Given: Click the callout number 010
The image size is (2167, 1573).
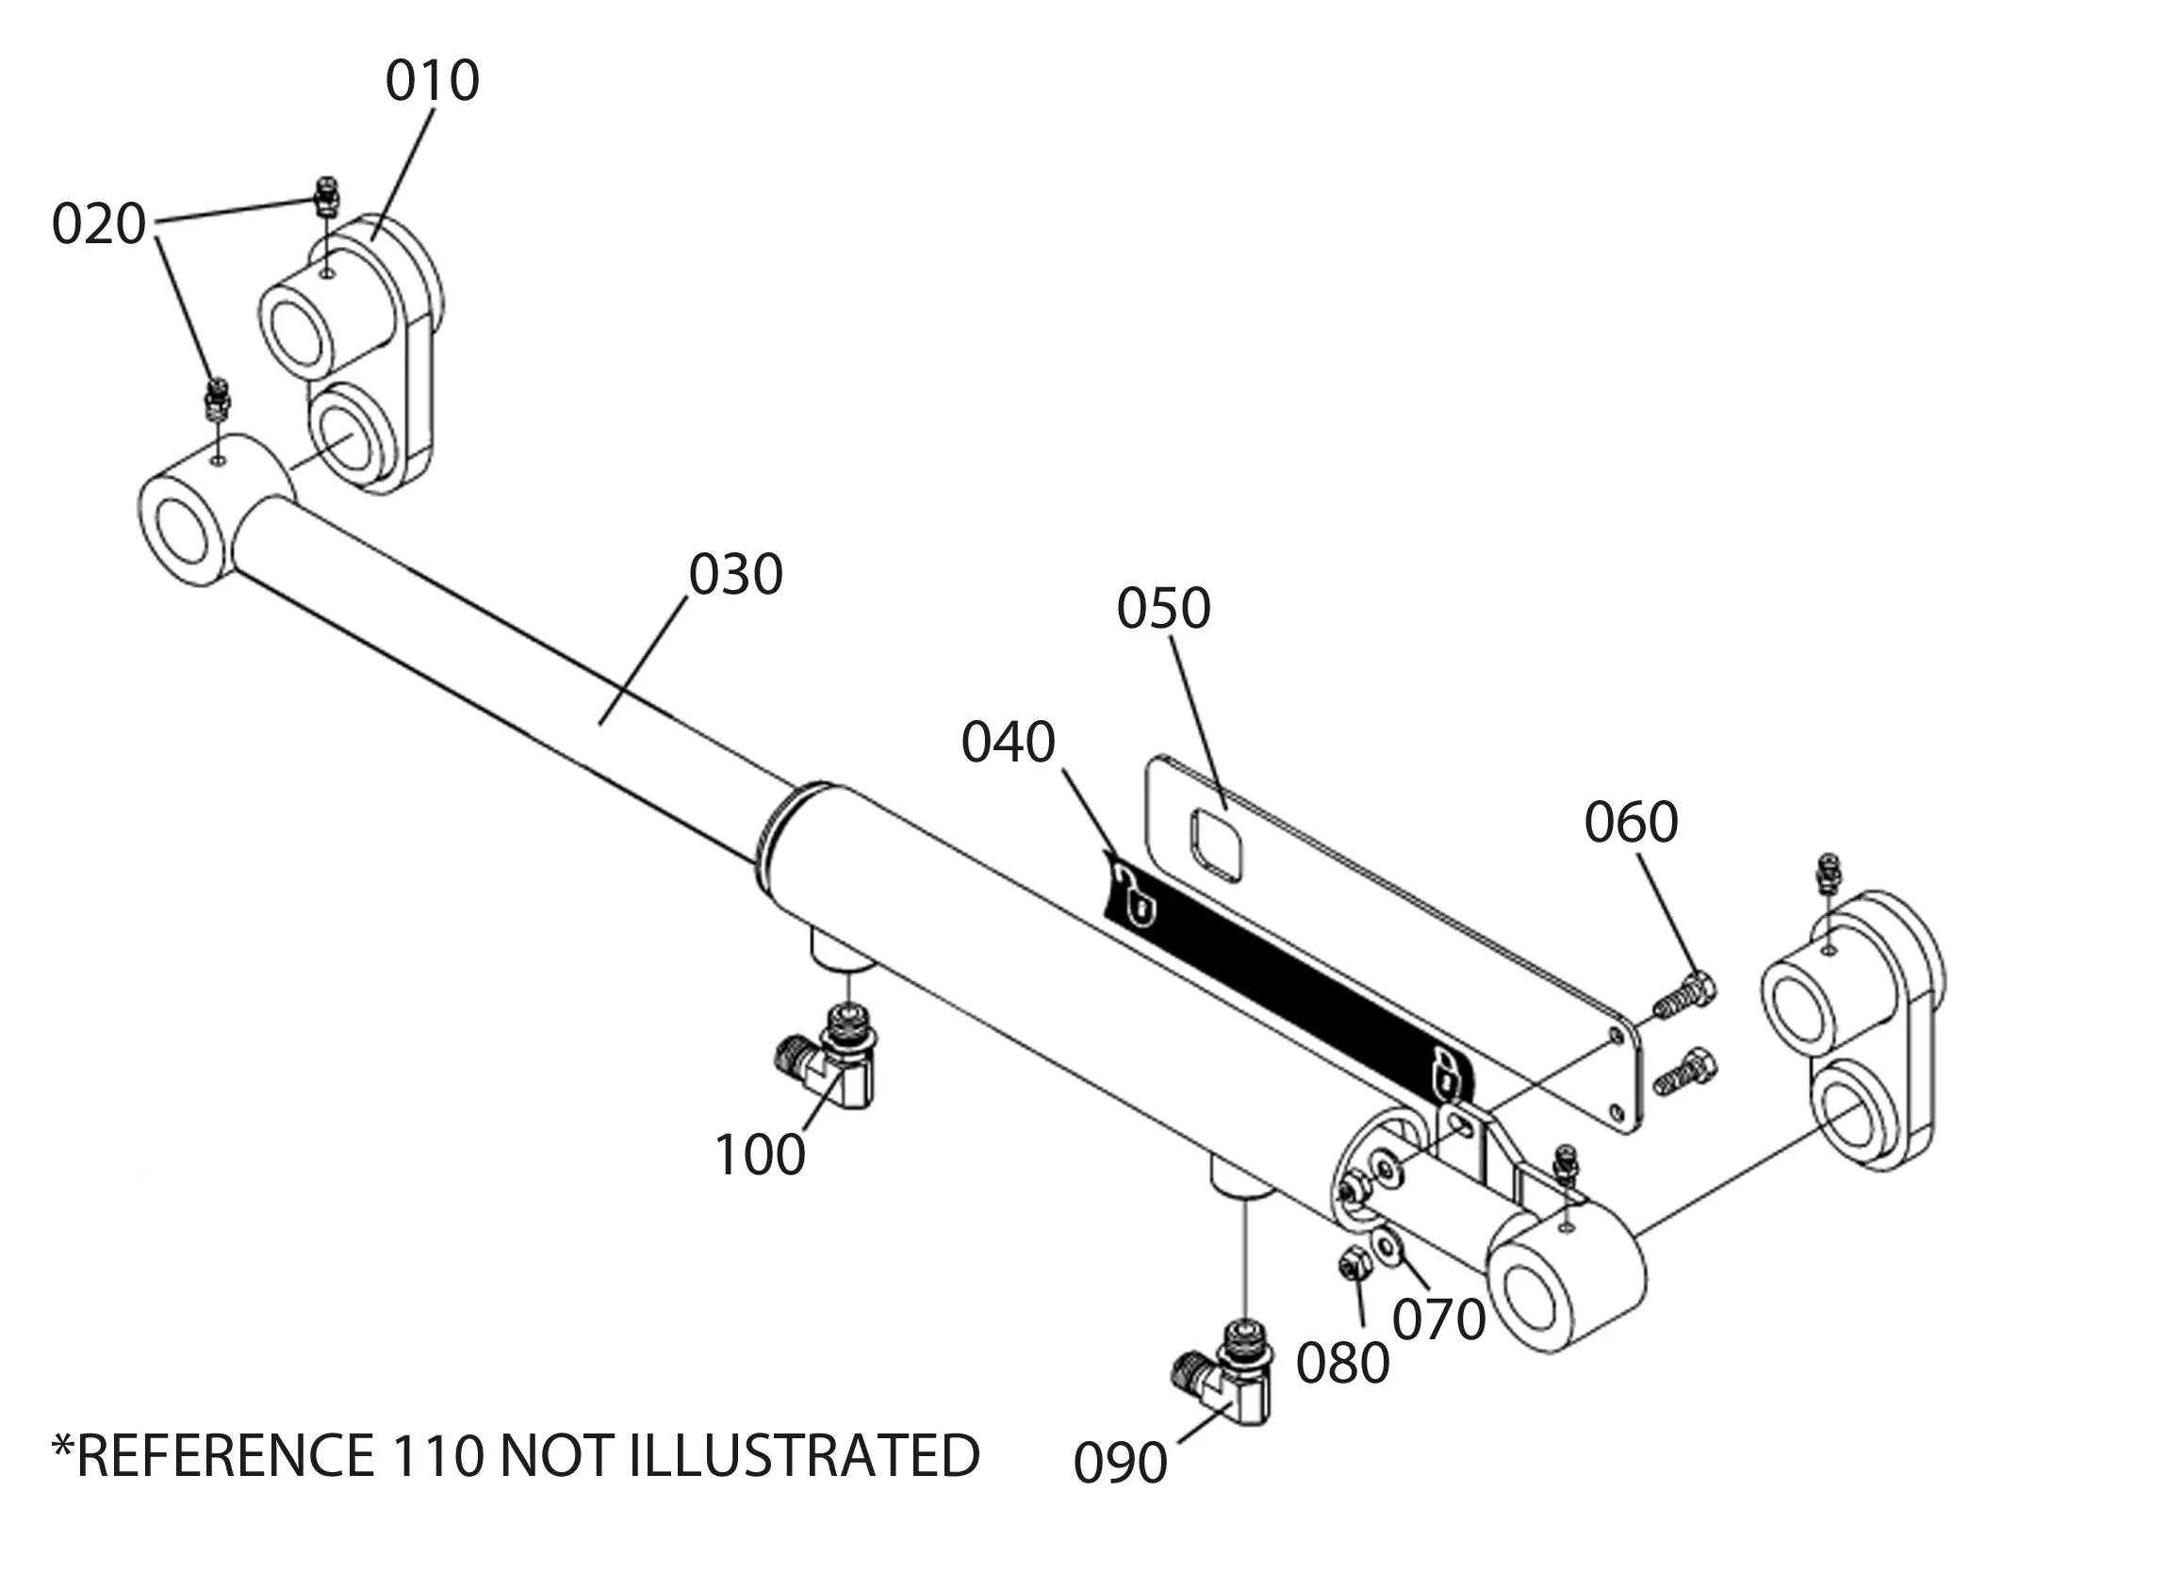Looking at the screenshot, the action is [432, 81].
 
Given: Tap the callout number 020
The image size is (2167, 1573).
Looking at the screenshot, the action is [98, 224].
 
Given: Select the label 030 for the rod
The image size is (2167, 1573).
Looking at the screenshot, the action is [736, 574].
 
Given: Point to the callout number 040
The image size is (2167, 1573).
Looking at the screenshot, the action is [1008, 742].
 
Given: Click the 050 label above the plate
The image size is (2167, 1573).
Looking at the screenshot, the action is [1164, 608].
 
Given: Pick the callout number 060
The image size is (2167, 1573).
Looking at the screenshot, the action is [1631, 822].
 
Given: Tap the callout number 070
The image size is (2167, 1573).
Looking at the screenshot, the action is [1439, 1319].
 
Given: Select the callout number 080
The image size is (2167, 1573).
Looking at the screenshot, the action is [1342, 1363].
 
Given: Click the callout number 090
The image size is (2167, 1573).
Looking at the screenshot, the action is [1120, 1463].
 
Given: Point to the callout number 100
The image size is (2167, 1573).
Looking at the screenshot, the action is [761, 1155].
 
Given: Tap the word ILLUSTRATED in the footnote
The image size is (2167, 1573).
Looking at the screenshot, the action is [805, 1456].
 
